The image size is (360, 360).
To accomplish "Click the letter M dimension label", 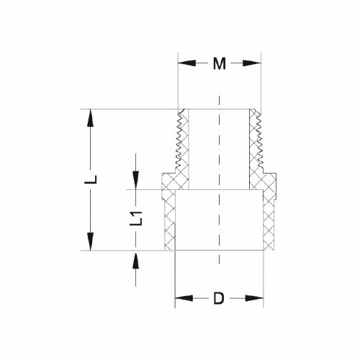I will click(x=219, y=64).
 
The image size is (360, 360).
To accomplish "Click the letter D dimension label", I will click(x=219, y=297).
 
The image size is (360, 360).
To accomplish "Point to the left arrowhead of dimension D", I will click(x=183, y=297).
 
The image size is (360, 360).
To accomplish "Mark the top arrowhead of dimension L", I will click(x=91, y=115).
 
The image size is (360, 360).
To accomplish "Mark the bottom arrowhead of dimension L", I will click(x=91, y=243).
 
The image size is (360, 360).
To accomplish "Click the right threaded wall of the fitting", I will click(x=255, y=141).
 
